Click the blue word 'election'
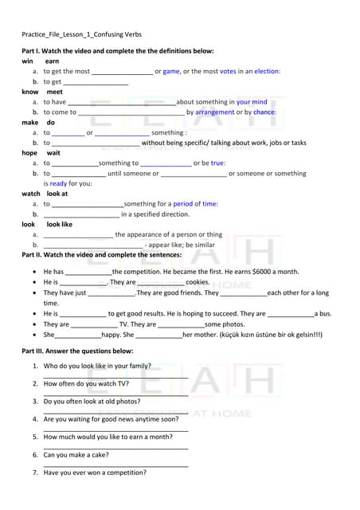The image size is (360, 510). [267, 72]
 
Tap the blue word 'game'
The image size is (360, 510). [171, 72]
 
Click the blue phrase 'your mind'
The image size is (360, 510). [252, 102]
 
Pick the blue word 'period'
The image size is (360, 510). [183, 204]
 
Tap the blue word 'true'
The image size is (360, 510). [217, 163]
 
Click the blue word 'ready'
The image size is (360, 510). [59, 183]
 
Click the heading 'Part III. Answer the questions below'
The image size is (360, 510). [77, 351]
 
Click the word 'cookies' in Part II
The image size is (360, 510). [198, 282]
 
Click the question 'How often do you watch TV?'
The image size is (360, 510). [86, 383]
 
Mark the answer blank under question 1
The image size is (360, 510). [115, 376]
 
